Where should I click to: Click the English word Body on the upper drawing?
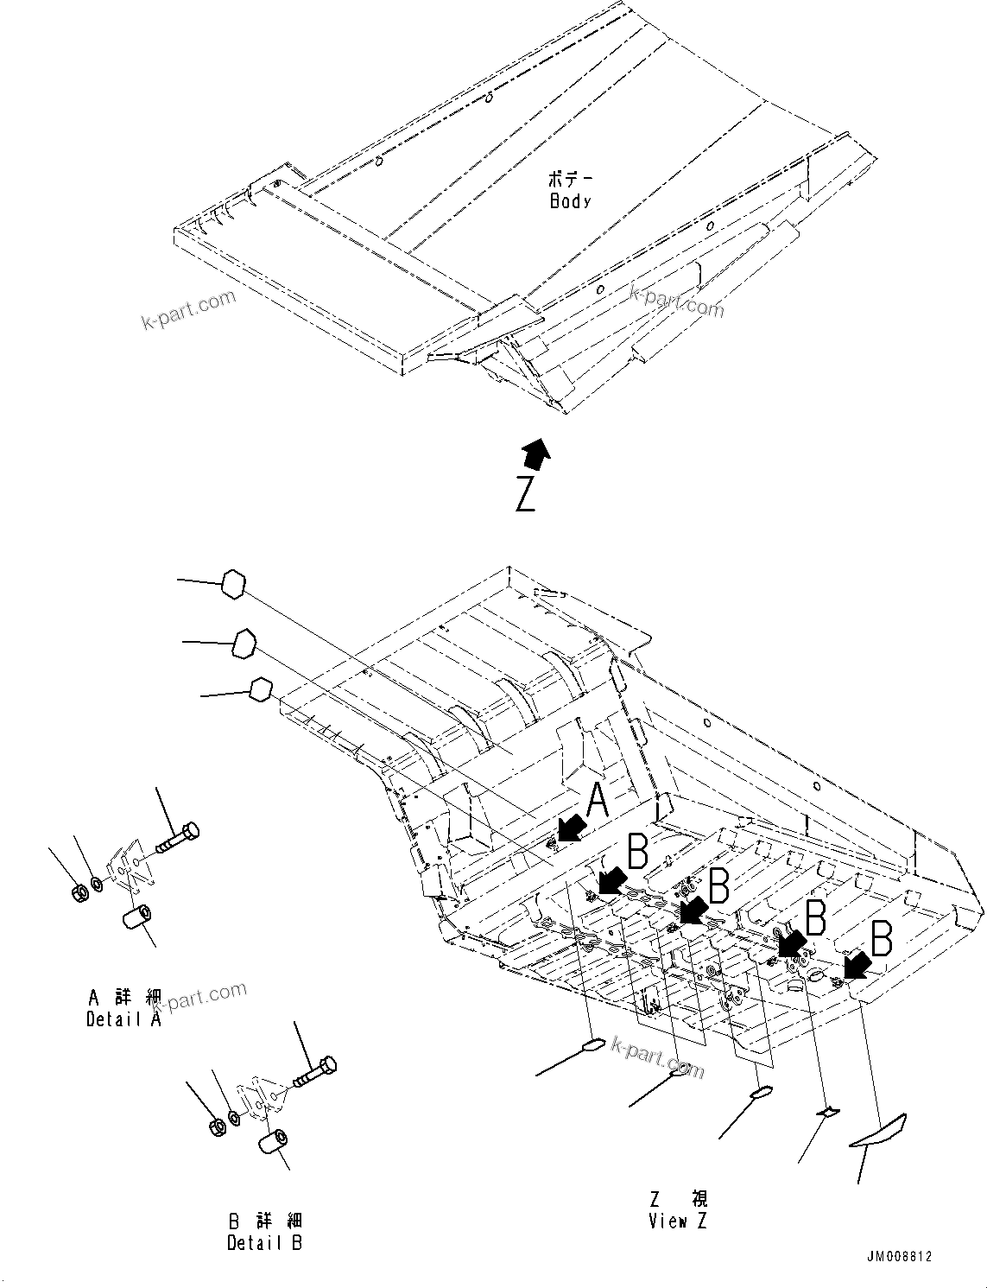tap(570, 201)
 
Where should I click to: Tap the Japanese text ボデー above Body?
tap(571, 180)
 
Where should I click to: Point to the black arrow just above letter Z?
tap(536, 453)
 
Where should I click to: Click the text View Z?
tap(679, 1221)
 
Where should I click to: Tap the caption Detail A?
tap(123, 1019)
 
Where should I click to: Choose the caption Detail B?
tap(265, 1243)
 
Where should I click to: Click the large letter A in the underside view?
tap(598, 801)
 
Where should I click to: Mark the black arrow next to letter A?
tap(569, 828)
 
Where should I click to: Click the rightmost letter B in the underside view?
tap(881, 938)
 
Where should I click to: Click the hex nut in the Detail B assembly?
tap(218, 1126)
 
